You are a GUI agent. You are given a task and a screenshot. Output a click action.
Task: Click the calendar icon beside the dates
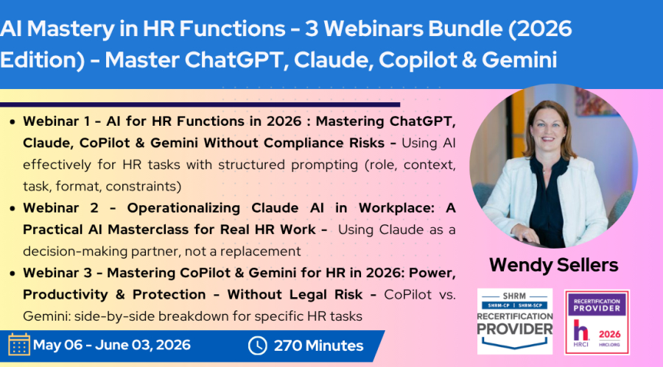tap(19, 345)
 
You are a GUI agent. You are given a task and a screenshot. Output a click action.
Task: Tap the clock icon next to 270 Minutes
tap(258, 346)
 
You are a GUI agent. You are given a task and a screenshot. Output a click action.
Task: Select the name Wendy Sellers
tap(553, 266)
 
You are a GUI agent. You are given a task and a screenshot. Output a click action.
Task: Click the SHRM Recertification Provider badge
tap(515, 321)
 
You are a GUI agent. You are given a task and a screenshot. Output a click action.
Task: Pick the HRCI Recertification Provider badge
tap(597, 322)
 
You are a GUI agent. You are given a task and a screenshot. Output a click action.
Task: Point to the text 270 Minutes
tap(318, 346)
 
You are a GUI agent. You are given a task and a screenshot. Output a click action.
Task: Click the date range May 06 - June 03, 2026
tap(112, 345)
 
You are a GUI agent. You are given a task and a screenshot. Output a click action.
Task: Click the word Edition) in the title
tap(42, 60)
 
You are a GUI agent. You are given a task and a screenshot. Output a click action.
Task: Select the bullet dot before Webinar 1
tap(13, 122)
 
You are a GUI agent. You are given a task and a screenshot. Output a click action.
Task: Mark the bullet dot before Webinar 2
tap(13, 209)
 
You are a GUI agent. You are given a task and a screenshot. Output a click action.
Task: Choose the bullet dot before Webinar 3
tap(13, 274)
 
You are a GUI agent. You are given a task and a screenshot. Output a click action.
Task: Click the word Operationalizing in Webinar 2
tap(183, 208)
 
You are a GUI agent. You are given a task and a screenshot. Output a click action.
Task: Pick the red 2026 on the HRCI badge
tap(610, 335)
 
